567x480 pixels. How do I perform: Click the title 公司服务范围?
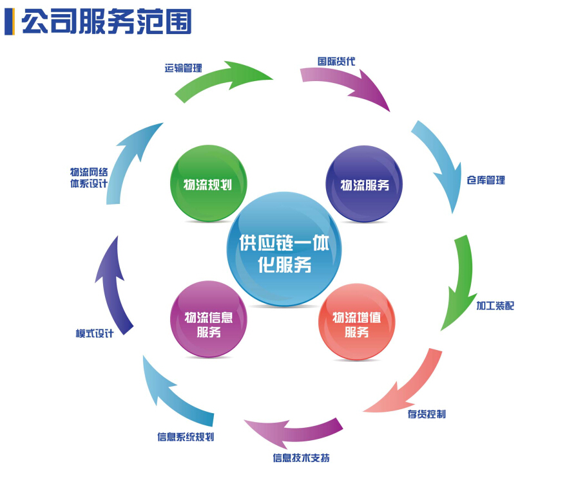(x=106, y=22)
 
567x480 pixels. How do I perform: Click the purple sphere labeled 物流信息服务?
(x=208, y=320)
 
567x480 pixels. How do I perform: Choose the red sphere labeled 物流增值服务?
(x=356, y=321)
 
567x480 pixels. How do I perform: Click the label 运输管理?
(x=183, y=68)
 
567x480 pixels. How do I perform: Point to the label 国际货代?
(x=336, y=62)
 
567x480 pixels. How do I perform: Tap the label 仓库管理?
(x=486, y=180)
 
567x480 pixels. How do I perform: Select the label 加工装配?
(x=495, y=305)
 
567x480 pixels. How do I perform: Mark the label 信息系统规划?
(x=186, y=437)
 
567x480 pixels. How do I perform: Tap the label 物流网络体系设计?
(x=89, y=178)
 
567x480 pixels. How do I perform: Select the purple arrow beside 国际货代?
(x=348, y=84)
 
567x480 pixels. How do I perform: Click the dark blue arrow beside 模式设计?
(x=113, y=284)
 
